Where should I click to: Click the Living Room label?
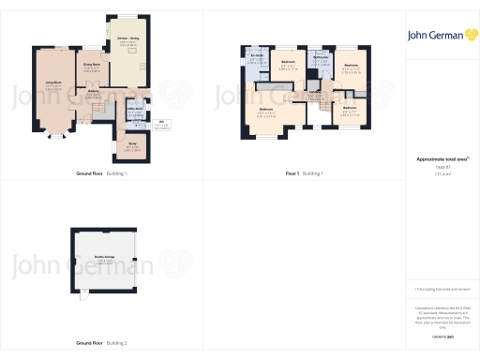coord(53,85)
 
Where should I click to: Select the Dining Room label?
coord(92,67)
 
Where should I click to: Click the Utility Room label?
coord(135,111)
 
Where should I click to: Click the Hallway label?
coord(94,93)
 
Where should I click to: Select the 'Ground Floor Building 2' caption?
coord(101,344)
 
